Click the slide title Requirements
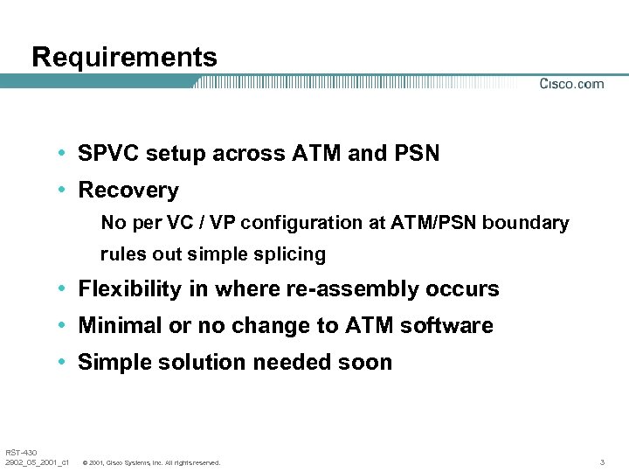(124, 58)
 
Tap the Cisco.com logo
(571, 84)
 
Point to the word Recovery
(128, 190)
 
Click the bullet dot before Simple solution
(65, 362)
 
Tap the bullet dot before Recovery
(65, 190)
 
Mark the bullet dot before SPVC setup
(65, 154)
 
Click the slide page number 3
(603, 462)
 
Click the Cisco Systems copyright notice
(150, 462)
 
